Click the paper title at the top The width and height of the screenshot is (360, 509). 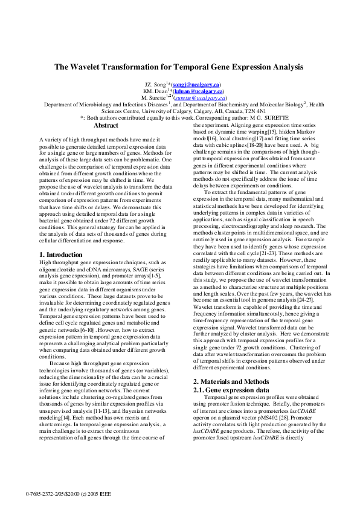[x=179, y=68]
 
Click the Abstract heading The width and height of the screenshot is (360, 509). [x=106, y=125]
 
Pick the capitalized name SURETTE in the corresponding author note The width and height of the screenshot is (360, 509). [x=289, y=118]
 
